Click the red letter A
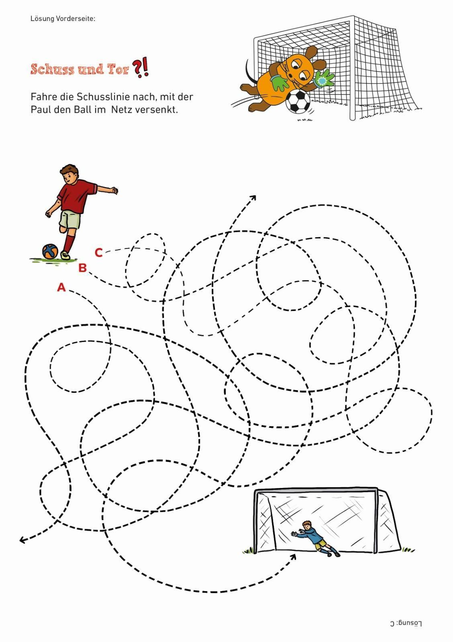click(x=61, y=287)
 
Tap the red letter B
click(x=82, y=268)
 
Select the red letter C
click(x=99, y=253)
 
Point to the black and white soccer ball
click(x=298, y=101)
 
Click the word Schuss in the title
click(x=53, y=69)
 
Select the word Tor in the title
click(x=118, y=69)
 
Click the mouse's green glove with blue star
click(x=324, y=79)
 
